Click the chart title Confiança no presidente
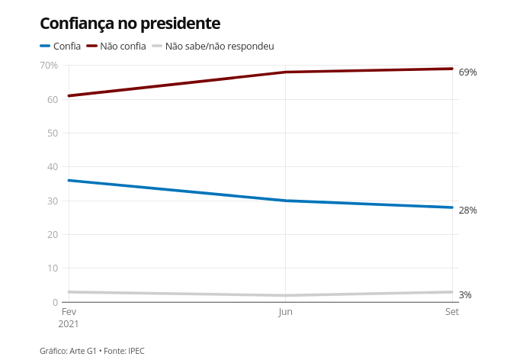point(130,24)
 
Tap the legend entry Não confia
point(123,47)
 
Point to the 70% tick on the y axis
point(48,66)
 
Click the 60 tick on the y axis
point(53,99)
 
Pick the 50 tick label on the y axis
point(53,133)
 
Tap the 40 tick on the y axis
point(53,167)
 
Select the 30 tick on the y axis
point(53,201)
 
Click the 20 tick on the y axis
point(53,234)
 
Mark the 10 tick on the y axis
point(53,268)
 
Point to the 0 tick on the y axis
point(55,302)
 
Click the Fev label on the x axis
point(69,312)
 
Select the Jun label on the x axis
point(285,312)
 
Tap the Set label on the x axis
point(451,312)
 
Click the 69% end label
point(467,72)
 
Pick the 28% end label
point(467,211)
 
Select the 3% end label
point(465,295)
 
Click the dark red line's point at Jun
point(285,72)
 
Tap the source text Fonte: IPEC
point(124,351)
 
